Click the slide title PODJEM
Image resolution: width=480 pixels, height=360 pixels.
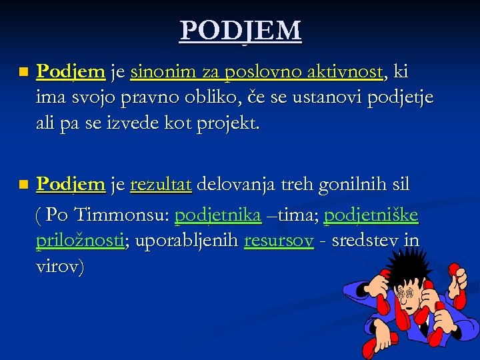coord(240,30)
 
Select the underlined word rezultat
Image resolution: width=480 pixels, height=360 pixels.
coord(161,184)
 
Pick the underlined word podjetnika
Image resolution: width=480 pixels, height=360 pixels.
coord(217,215)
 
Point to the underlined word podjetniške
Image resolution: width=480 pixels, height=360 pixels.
coord(371,215)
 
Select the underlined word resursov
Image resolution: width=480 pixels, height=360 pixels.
coord(279,241)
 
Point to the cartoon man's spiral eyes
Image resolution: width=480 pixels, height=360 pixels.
coord(405,293)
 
